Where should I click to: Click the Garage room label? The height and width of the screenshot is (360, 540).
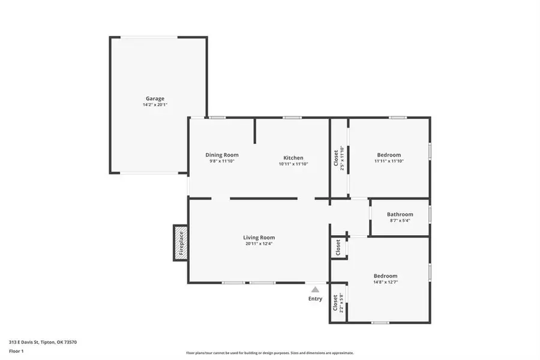pos(155,98)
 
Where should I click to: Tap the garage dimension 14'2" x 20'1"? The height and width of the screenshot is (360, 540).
pos(155,105)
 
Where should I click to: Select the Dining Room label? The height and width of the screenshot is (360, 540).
pos(222,154)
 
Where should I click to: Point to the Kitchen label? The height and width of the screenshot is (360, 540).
pos(293,158)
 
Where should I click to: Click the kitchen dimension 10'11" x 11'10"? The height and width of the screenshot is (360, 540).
pos(293,164)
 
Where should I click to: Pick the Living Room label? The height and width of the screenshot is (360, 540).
pos(259,238)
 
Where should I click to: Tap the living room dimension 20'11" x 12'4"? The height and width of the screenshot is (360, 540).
pos(259,244)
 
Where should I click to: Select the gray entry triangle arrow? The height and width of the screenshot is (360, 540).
pos(315,289)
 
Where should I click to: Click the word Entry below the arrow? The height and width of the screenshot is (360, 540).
pos(315,299)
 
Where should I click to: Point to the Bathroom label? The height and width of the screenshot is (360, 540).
pos(400,214)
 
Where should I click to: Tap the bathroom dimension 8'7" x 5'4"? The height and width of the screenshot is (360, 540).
pos(400,221)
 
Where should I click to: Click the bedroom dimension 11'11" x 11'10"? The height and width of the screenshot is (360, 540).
pos(389,161)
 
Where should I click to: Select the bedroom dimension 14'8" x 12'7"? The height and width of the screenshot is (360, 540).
pos(385,282)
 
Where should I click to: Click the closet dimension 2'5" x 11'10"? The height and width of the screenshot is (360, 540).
pos(343,158)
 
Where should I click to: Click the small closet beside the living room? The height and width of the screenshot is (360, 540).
pos(338,247)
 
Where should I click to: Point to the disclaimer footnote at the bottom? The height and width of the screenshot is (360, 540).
pos(270,353)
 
